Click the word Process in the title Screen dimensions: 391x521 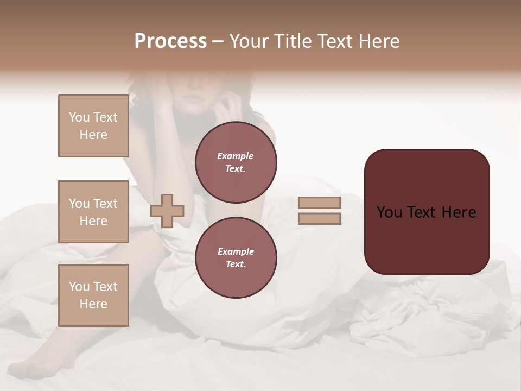(x=170, y=41)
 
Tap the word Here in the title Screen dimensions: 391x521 (x=378, y=41)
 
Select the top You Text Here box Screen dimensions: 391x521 (x=93, y=126)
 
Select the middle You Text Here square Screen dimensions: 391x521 (x=93, y=212)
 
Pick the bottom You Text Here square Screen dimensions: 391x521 (x=93, y=295)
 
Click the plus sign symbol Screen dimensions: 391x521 (x=167, y=211)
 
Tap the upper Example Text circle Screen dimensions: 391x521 (x=236, y=162)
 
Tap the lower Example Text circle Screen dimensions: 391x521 (x=236, y=258)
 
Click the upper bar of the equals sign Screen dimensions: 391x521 (x=319, y=203)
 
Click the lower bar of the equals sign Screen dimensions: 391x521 (x=319, y=219)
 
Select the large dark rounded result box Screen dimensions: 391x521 (x=427, y=239)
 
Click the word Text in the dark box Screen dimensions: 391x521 (x=423, y=212)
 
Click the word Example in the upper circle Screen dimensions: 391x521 (x=235, y=156)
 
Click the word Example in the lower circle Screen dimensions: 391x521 (x=235, y=251)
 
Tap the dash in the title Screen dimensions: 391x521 (x=218, y=41)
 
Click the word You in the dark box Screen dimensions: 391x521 (x=389, y=212)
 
